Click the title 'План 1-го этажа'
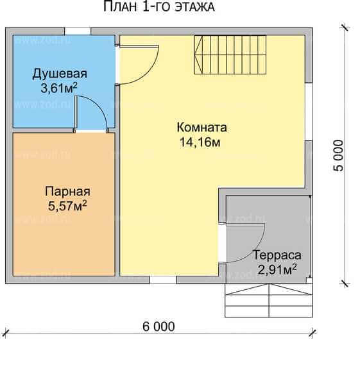coord(159,6)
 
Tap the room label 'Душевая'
coord(60,74)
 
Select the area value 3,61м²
coord(59,89)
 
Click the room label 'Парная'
coord(67,191)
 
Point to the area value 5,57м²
coord(67,205)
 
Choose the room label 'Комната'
coord(201,128)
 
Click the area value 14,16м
coord(200,142)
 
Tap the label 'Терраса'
coord(277,255)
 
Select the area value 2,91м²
coord(277,270)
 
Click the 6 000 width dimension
coord(159,326)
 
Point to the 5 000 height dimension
coord(338,155)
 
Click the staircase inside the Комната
coord(230,55)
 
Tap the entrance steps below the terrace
coord(269,300)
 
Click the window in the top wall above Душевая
coord(78,31)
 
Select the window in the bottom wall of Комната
coord(163,280)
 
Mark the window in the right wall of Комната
coord(309,112)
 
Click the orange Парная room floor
coord(64,237)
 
